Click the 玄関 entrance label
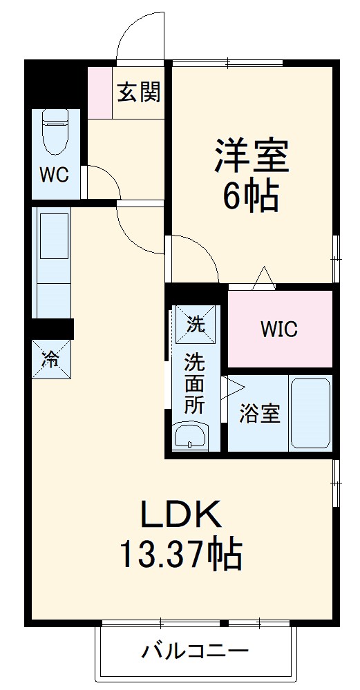tap(139, 93)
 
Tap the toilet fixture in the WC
tap(54, 133)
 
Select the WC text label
tap(53, 175)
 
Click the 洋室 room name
tap(251, 157)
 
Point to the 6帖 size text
tap(250, 197)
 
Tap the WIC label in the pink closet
tap(279, 329)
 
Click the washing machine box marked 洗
tap(196, 323)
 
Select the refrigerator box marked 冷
tap(51, 358)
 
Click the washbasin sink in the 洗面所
tap(189, 437)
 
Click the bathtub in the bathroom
tap(310, 413)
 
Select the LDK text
tap(180, 514)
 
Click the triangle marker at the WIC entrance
tap(264, 278)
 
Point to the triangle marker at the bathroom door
tap(230, 388)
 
